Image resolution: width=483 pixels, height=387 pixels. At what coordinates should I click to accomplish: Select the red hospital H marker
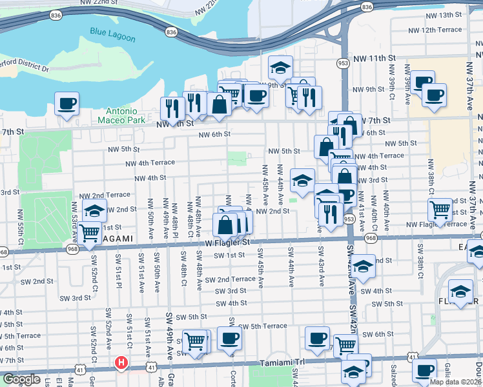coord(120,364)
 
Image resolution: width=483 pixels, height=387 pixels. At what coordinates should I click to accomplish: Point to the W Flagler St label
coord(227,243)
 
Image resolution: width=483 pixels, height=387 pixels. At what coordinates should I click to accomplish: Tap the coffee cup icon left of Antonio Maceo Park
coord(67,103)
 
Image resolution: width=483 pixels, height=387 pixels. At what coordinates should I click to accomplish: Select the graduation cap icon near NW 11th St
coord(280,67)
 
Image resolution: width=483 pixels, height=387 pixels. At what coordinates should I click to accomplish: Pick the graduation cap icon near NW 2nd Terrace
coord(94,210)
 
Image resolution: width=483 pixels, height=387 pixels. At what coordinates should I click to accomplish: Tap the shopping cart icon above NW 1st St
coord(90,231)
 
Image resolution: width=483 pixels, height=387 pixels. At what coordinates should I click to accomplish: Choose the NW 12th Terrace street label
coord(433,30)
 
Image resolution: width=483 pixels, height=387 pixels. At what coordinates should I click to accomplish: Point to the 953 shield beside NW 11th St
coord(343,63)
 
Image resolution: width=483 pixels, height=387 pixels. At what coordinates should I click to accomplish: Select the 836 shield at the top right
coord(367,6)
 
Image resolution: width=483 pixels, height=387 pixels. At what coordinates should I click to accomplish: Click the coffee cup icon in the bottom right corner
coord(424,371)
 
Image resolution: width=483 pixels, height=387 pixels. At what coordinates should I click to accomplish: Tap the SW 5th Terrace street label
coord(262,326)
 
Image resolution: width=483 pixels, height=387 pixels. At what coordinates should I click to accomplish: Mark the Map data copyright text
coord(455,382)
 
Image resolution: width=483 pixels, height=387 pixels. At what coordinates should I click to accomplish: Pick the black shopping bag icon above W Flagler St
coord(225,226)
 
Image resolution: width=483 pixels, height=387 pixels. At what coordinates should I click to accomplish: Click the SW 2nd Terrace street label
coord(231,279)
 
